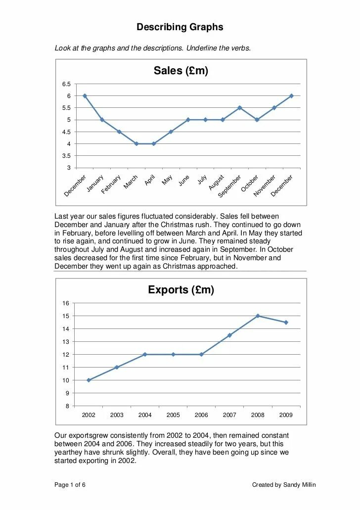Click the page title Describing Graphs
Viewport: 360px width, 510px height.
180,27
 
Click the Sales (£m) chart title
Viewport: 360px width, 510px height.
180,71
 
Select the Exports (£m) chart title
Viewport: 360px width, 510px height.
180,290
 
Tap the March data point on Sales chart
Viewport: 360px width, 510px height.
136,143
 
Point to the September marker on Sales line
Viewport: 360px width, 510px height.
240,108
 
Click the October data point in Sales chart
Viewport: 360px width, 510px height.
257,120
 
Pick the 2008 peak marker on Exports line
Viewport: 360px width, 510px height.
258,316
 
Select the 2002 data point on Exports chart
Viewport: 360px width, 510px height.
89,380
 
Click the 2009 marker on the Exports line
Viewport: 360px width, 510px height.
286,323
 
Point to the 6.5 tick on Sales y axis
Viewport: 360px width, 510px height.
66,84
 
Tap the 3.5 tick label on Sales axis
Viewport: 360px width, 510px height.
66,156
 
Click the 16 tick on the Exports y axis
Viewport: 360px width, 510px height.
65,303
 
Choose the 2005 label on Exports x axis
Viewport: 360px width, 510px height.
173,415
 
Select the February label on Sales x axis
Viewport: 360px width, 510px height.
112,184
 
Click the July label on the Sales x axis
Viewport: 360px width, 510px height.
202,180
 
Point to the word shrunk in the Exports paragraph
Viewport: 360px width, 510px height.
131,452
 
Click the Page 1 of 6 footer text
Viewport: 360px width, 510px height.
70,485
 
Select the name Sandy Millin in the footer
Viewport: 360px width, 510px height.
299,485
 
